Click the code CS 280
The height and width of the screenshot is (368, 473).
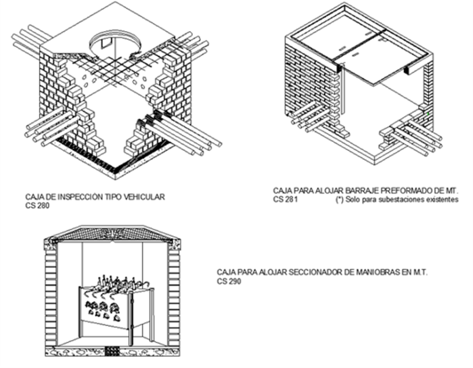click(37, 206)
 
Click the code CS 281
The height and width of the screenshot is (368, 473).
click(286, 200)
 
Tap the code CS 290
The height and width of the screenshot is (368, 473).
click(229, 281)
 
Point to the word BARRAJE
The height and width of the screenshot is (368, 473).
click(362, 190)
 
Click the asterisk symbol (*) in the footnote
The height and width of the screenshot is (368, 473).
click(340, 199)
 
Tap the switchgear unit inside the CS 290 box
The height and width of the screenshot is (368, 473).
click(116, 308)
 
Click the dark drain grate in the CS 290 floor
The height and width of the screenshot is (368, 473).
click(112, 351)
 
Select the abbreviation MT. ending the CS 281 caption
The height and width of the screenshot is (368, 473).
click(452, 190)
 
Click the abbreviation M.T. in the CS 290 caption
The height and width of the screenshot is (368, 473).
click(421, 272)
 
